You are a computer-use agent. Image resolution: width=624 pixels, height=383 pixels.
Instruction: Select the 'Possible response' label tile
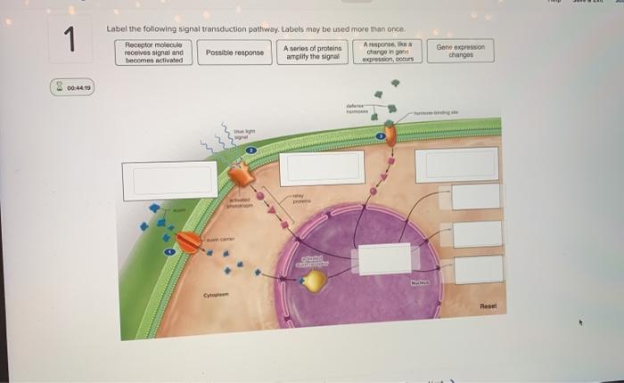click(234, 53)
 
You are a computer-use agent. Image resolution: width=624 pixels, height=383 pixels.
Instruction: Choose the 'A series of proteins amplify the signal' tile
click(312, 53)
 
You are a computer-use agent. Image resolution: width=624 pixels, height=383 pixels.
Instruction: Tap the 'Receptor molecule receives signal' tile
click(154, 53)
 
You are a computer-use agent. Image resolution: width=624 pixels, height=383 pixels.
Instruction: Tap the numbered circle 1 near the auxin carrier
click(168, 256)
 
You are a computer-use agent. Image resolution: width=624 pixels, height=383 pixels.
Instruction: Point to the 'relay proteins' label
click(299, 200)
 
